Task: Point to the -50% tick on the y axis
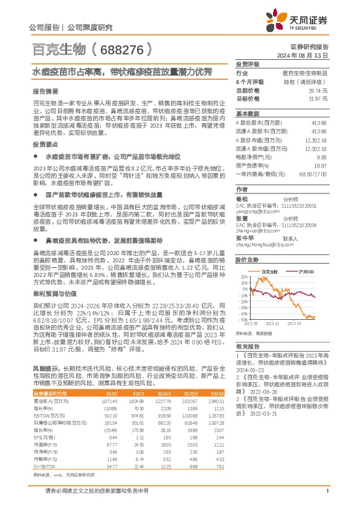coord(241,322)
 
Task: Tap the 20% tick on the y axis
coord(242,277)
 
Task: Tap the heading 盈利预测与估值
coord(51,291)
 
